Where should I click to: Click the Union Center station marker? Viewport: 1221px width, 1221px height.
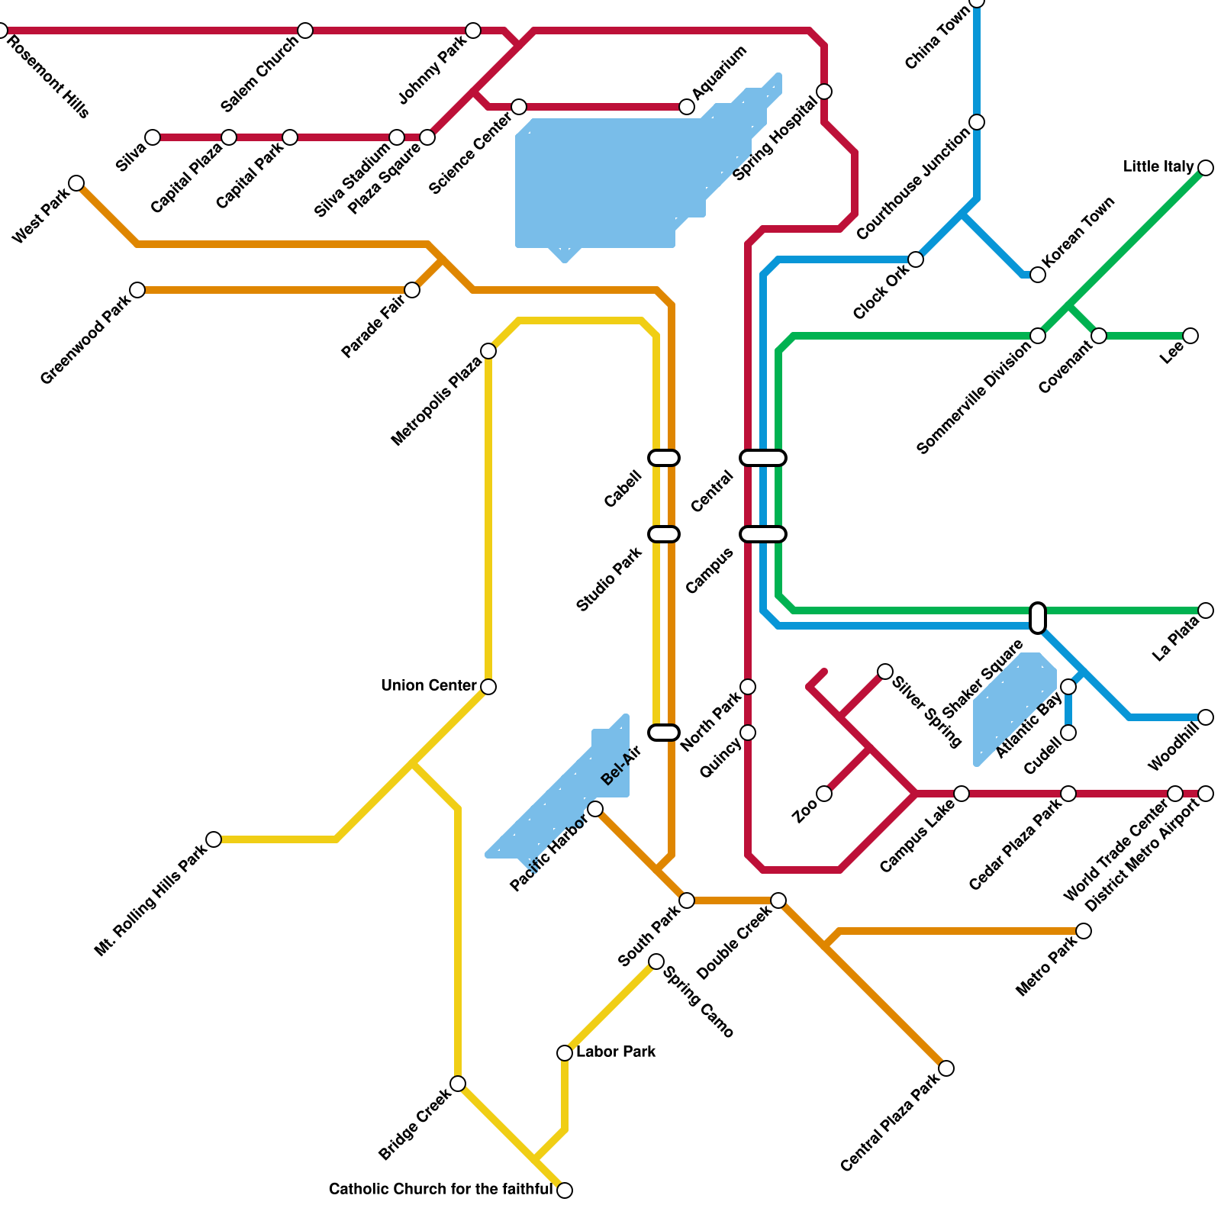488,687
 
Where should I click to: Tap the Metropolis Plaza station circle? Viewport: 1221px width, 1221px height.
488,351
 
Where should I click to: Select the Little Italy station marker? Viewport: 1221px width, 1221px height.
1206,168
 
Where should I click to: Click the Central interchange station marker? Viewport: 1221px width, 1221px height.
763,458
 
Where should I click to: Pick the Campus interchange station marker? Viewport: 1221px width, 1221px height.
763,534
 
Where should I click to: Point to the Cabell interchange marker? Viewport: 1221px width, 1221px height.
664,458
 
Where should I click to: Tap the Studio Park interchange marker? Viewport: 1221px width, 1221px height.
664,534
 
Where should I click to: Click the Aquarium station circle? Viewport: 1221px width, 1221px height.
687,107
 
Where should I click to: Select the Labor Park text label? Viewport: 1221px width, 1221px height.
616,1052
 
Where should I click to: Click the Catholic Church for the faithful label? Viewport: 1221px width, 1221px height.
440,1190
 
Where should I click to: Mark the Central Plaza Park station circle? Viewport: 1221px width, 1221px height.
946,1068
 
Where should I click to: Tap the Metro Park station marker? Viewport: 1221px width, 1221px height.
1084,931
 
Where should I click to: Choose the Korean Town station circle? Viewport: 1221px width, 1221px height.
1038,275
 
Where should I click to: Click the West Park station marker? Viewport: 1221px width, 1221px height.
76,183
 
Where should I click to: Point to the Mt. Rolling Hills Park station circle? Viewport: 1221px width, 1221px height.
214,839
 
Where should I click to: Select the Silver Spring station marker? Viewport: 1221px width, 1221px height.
885,672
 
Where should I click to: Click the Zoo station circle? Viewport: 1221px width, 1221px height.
824,794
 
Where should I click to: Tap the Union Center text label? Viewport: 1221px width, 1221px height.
429,686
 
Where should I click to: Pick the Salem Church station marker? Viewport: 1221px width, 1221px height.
305,31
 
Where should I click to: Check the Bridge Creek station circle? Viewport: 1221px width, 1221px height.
458,1084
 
